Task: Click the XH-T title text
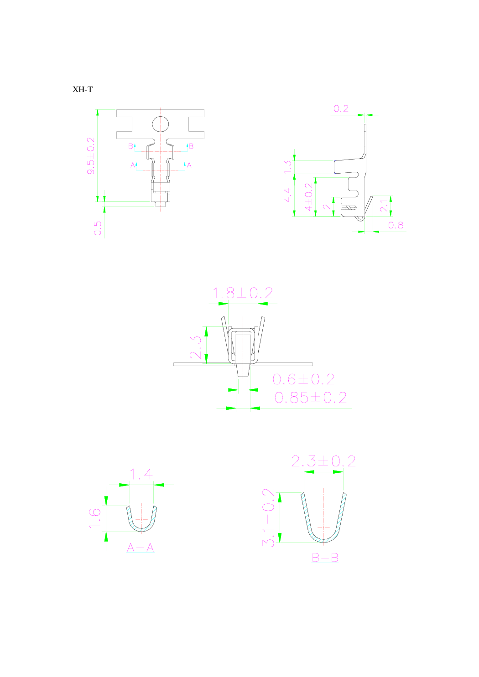click(83, 89)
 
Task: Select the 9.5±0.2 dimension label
click(91, 155)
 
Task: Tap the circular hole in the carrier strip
click(160, 124)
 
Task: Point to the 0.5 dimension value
click(98, 228)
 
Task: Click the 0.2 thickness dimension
click(341, 109)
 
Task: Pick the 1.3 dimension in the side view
click(287, 167)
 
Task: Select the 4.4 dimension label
click(287, 195)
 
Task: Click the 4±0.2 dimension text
click(309, 196)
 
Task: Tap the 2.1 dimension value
click(385, 205)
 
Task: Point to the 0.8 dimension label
click(396, 225)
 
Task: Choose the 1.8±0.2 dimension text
click(243, 293)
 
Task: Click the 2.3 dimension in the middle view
click(195, 347)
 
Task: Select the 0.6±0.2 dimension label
click(303, 379)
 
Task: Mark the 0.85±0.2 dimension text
click(310, 398)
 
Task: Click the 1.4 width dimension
click(141, 475)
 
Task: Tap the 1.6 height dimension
click(94, 518)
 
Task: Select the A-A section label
click(141, 548)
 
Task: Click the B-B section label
click(325, 558)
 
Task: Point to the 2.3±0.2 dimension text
click(323, 461)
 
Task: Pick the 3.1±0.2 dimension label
click(269, 517)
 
